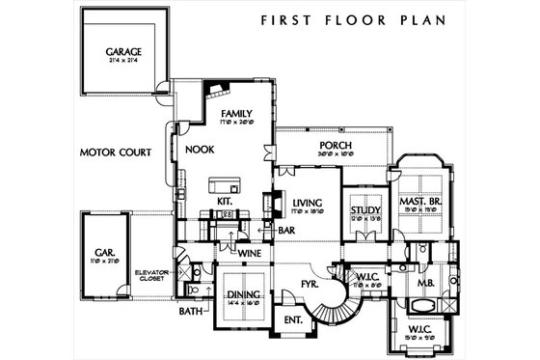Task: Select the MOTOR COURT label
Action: point(115,152)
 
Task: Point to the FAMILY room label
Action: point(235,114)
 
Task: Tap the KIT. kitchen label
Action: point(225,201)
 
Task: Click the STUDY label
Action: point(364,209)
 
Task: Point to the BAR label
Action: point(285,231)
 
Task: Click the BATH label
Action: point(188,313)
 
